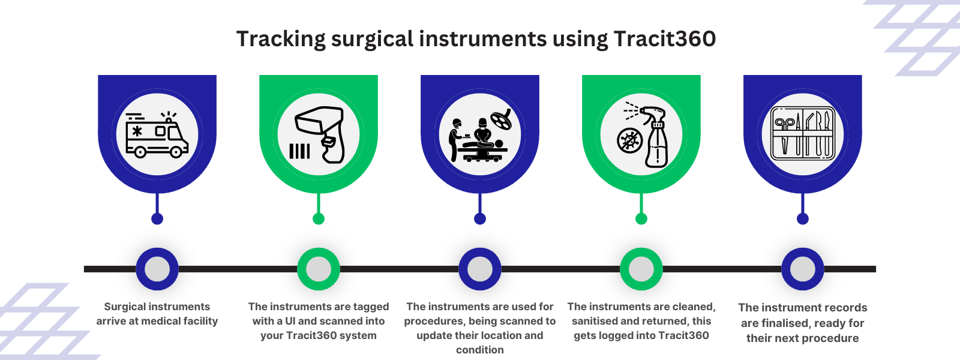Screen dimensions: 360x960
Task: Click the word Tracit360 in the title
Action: pos(664,39)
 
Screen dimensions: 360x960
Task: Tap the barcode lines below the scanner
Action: pos(299,151)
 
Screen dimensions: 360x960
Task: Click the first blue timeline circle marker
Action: pos(157,269)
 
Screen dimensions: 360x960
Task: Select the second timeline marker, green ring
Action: pos(319,269)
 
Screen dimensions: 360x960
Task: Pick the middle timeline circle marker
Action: pos(480,269)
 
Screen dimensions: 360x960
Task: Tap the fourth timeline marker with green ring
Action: pos(641,269)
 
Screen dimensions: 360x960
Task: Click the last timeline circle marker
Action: pos(803,269)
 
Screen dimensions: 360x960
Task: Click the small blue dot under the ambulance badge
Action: pos(157,218)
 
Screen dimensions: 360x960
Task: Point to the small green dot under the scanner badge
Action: pos(319,218)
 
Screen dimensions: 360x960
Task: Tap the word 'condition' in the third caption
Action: pos(480,350)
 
